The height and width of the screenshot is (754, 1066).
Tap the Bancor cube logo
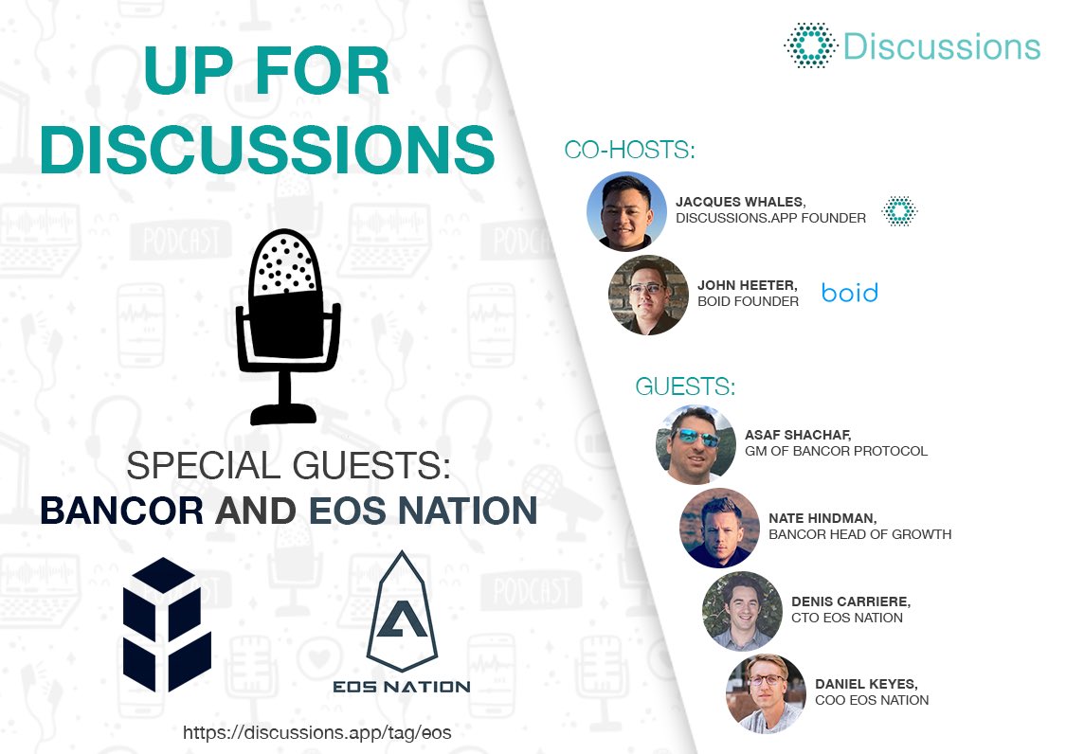(167, 623)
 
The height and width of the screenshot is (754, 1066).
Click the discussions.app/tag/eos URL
(316, 732)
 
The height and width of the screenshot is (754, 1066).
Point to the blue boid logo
(850, 293)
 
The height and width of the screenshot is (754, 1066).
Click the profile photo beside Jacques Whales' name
(626, 211)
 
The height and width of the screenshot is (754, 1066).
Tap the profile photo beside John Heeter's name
(648, 295)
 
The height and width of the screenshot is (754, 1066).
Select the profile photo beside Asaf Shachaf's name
(696, 444)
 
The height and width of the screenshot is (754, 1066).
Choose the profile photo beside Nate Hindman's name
(719, 528)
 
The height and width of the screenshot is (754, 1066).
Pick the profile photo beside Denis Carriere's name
(742, 611)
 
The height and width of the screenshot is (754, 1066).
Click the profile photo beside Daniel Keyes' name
(766, 693)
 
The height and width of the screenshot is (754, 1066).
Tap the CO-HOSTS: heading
(629, 150)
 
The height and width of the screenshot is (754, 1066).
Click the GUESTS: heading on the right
(685, 386)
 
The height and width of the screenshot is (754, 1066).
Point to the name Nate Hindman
(822, 518)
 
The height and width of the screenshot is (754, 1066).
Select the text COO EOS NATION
(872, 700)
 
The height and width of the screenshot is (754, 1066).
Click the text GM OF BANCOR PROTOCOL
(836, 451)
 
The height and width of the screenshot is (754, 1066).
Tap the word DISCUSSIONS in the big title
(267, 149)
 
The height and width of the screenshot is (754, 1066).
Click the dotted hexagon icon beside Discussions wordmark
(810, 45)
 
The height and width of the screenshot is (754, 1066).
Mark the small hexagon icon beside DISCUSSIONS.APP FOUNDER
(899, 211)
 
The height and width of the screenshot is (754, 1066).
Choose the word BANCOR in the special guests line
(121, 511)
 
